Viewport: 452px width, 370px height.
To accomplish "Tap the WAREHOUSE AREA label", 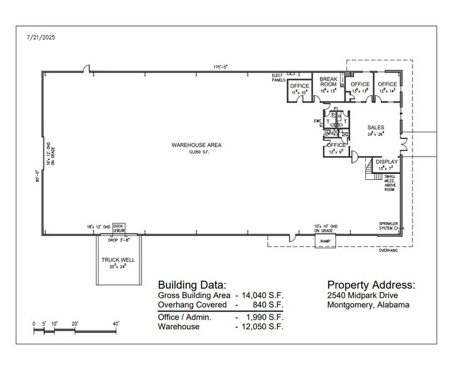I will click(x=196, y=145).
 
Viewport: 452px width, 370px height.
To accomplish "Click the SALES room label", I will click(x=376, y=127).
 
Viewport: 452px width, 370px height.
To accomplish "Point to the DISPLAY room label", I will click(x=387, y=162).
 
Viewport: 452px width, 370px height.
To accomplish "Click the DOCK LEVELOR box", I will click(x=119, y=227).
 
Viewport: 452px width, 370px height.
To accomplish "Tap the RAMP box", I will click(x=326, y=240).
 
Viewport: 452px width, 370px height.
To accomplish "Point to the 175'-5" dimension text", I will click(x=219, y=67).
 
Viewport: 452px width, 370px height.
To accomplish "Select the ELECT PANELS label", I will click(x=278, y=78).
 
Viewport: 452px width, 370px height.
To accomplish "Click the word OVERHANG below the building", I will click(x=387, y=250).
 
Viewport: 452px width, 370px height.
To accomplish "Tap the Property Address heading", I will click(x=371, y=284).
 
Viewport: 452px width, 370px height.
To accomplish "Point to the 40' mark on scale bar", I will click(x=116, y=323).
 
